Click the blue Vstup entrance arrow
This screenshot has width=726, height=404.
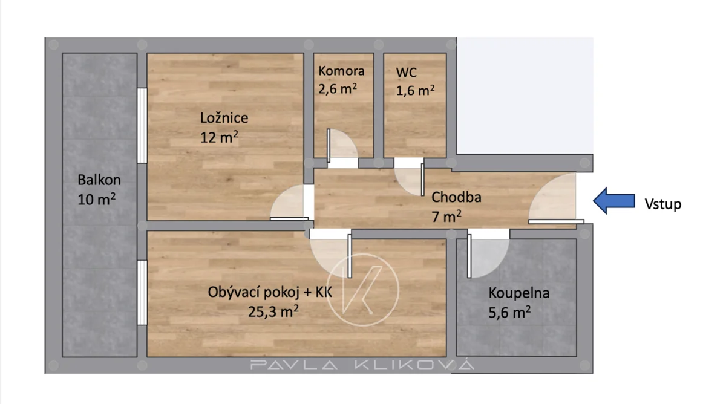click(614, 201)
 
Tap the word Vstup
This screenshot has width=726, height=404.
click(663, 204)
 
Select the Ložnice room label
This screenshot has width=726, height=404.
click(224, 117)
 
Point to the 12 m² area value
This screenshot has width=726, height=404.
click(219, 137)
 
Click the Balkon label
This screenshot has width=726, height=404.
click(99, 180)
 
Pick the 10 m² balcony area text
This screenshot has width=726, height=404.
click(97, 199)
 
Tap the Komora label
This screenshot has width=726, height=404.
click(341, 71)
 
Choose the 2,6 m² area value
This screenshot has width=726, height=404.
click(338, 88)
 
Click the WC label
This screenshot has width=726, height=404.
click(406, 72)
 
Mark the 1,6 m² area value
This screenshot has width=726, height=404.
click(415, 90)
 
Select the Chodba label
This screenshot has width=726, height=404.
click(456, 197)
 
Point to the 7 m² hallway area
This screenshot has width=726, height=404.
click(446, 217)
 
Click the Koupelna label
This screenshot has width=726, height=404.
click(519, 293)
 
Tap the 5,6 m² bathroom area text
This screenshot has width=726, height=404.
click(509, 312)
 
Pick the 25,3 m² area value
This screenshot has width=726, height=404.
click(273, 311)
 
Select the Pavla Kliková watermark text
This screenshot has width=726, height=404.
click(362, 365)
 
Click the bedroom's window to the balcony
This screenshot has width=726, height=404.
click(142, 125)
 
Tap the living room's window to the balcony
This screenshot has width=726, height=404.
click(142, 293)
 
